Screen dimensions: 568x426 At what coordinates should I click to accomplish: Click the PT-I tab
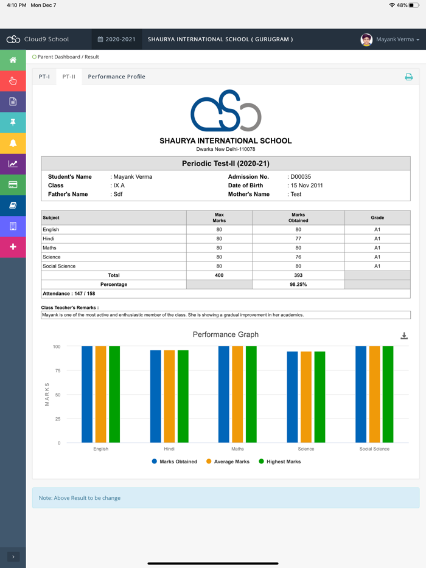44,77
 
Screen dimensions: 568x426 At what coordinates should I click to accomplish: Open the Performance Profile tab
116,77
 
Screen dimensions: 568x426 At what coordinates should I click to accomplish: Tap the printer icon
408,77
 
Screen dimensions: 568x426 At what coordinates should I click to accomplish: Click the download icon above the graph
404,336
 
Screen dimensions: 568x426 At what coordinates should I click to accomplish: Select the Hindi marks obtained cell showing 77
298,239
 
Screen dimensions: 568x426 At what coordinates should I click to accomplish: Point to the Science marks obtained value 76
298,257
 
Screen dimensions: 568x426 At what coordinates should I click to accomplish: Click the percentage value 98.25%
298,285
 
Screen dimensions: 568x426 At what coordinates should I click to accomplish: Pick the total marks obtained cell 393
298,275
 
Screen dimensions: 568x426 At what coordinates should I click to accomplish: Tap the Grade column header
377,218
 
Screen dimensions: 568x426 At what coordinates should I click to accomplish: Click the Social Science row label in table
59,266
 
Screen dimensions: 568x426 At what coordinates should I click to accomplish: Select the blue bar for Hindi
156,397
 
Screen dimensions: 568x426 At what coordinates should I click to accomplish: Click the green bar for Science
319,397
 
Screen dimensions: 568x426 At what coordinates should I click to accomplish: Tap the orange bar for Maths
237,394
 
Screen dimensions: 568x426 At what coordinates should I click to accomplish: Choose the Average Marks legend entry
228,462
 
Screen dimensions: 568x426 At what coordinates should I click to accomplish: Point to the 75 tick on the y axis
57,371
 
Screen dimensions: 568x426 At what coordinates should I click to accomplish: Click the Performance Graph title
226,334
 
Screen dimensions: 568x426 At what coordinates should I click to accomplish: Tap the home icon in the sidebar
13,60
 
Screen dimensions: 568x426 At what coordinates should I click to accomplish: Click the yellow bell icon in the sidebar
13,143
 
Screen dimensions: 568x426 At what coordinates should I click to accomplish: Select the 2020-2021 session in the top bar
117,40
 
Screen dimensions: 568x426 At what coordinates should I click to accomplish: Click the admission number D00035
301,177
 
